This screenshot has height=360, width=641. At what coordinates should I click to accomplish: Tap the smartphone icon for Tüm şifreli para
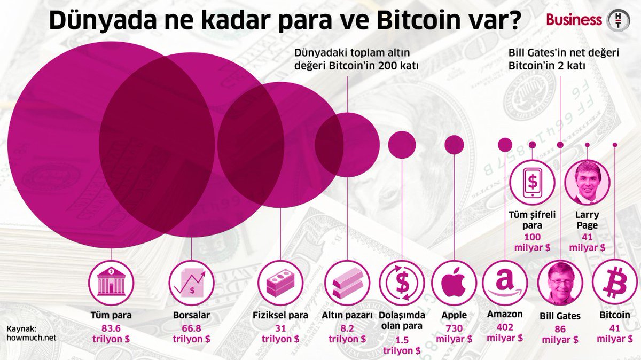[x=533, y=182]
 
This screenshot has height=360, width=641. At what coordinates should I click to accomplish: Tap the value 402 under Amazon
[x=505, y=327]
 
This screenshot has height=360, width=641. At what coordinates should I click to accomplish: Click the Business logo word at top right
[x=574, y=20]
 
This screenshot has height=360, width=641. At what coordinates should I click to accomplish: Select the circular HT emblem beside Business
[x=620, y=20]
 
